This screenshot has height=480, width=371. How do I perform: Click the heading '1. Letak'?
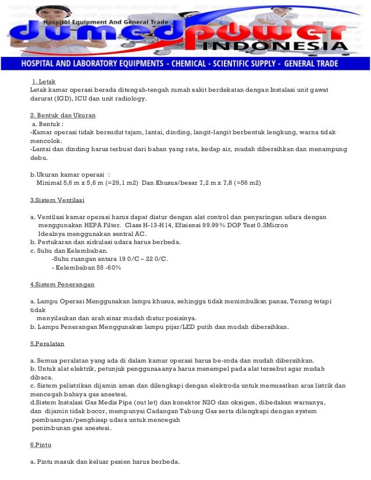pos(44,81)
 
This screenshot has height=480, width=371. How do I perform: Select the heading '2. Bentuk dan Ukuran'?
pos(63,115)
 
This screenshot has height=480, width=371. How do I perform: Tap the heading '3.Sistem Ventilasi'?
pos(57,200)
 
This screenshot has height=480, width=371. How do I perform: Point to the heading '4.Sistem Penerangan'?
pos(62,285)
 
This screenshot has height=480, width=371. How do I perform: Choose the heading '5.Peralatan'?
pos(47,343)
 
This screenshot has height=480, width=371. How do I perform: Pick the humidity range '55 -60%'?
pos(105,267)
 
